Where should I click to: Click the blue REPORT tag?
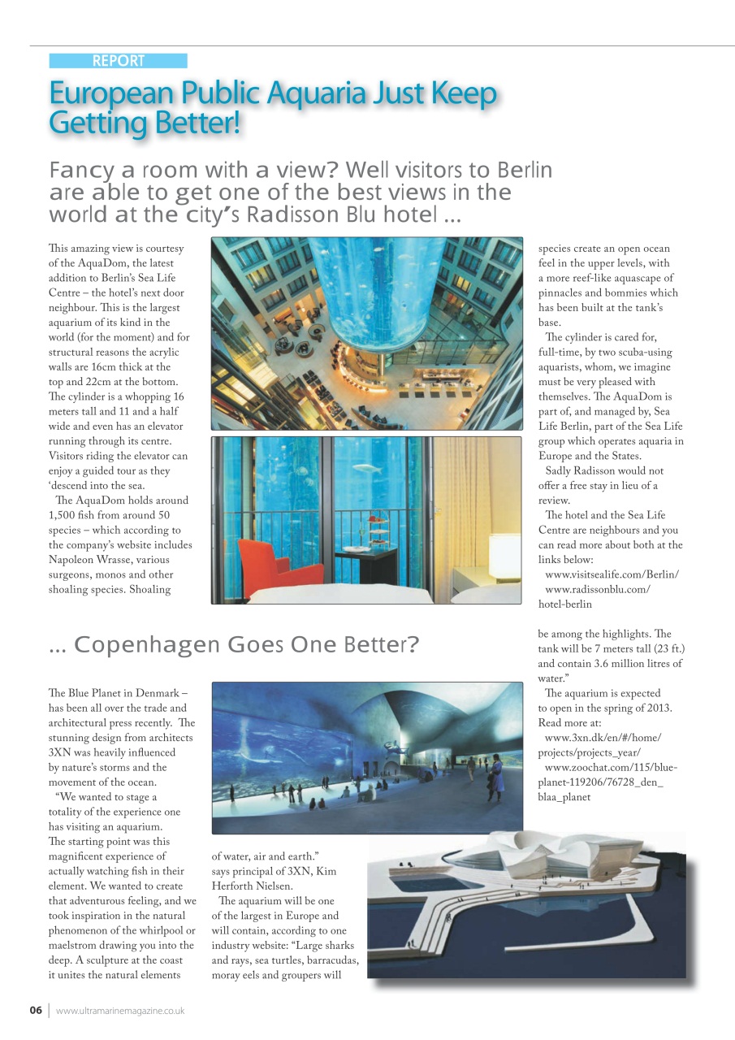click(x=118, y=61)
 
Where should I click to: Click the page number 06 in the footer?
click(x=36, y=1011)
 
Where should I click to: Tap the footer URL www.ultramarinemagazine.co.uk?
click(x=120, y=1011)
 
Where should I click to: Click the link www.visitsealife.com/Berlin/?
click(x=612, y=574)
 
